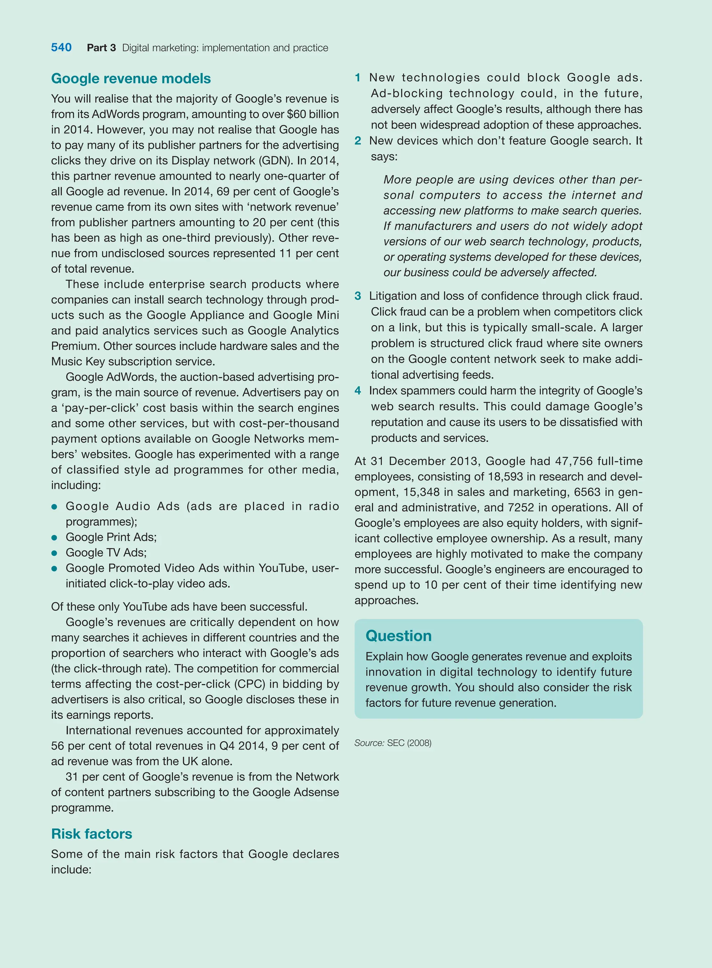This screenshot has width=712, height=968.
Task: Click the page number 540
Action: tap(61, 47)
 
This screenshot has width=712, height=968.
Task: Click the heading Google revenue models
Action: tap(131, 79)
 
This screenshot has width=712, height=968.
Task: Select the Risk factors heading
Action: tap(91, 833)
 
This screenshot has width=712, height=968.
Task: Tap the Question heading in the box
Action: tap(398, 635)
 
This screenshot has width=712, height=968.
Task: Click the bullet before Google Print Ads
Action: tap(54, 538)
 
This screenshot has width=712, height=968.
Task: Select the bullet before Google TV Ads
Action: tap(54, 553)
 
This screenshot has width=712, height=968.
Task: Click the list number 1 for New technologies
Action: tap(357, 78)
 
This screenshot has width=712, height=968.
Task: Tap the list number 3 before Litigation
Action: tap(357, 296)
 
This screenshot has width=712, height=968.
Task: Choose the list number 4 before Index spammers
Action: tap(357, 391)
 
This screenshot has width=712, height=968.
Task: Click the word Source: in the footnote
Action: tap(369, 743)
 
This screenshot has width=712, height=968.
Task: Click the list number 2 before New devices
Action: tap(357, 141)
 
